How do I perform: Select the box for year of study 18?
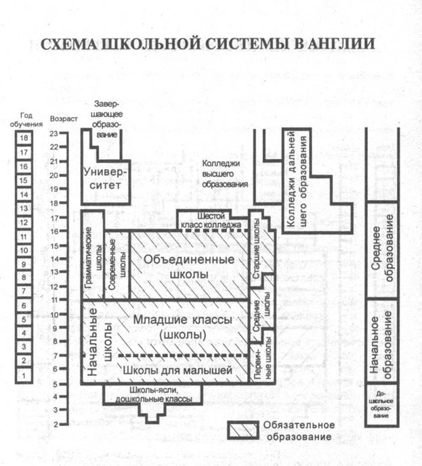[x=24, y=138]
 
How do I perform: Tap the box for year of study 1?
[x=24, y=375]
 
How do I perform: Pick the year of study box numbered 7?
[x=24, y=292]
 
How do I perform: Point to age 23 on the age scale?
[x=54, y=133]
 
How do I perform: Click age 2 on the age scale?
[x=54, y=425]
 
